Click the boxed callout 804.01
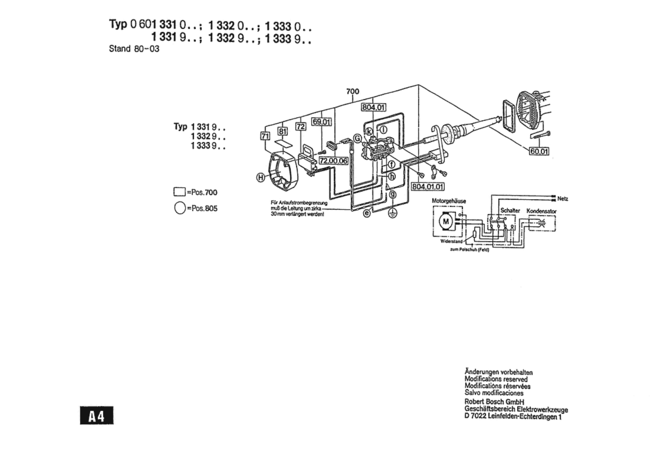[373, 107]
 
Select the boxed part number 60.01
[539, 151]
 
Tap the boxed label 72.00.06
[334, 161]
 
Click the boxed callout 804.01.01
[427, 187]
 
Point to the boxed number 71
[265, 136]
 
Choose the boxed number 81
[282, 131]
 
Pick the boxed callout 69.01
[322, 122]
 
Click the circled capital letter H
[261, 178]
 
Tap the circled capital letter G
[358, 138]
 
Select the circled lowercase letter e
[367, 213]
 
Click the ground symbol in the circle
[392, 213]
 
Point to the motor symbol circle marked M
[446, 221]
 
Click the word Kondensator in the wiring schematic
[541, 211]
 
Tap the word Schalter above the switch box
[510, 210]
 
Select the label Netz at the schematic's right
[563, 198]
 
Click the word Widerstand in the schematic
[451, 241]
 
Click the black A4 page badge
[97, 415]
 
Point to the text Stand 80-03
[134, 49]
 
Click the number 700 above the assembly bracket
[353, 91]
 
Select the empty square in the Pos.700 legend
[179, 192]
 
